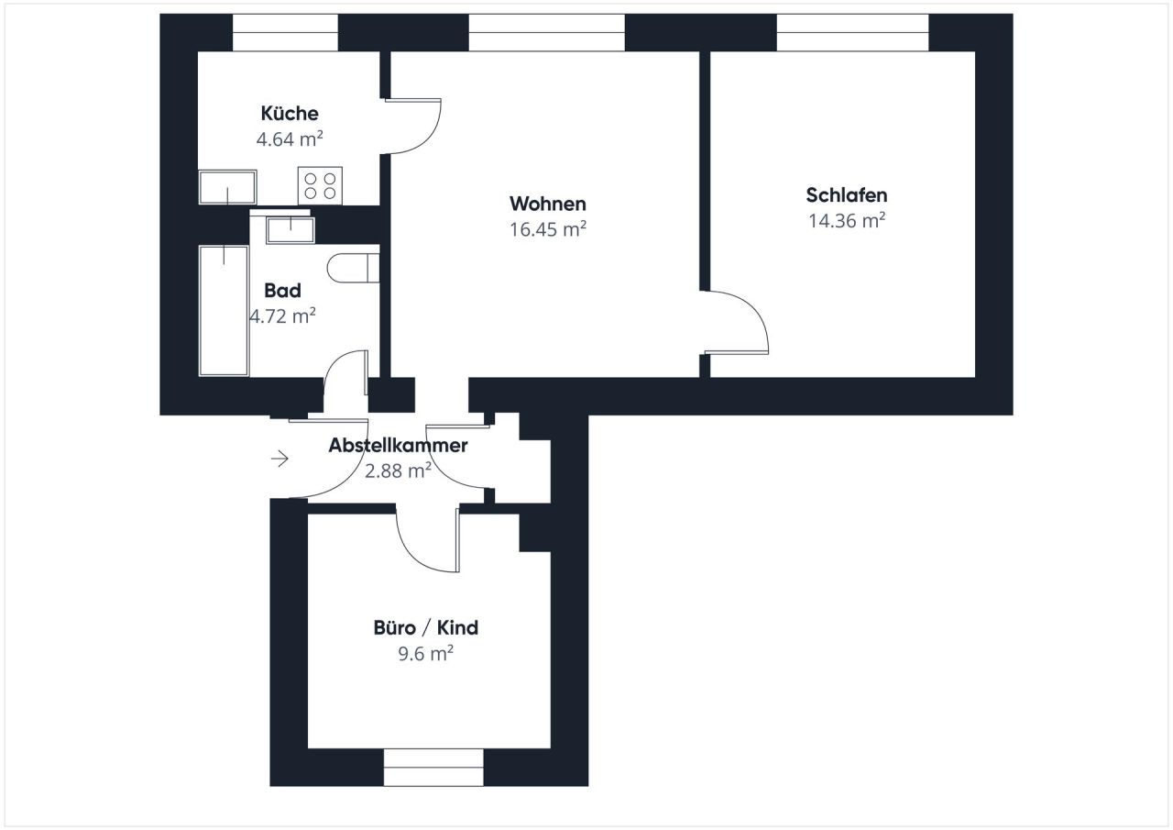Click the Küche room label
click(x=290, y=114)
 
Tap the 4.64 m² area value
click(x=290, y=139)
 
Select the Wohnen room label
click(x=547, y=204)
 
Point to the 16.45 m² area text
click(x=547, y=229)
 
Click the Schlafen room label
click(x=846, y=195)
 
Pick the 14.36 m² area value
click(x=846, y=220)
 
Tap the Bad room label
click(x=282, y=291)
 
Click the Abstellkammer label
click(x=398, y=446)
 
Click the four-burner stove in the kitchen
click(x=320, y=186)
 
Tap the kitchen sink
click(x=227, y=188)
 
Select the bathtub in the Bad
click(x=225, y=310)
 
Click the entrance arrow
click(x=280, y=459)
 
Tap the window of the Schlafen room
click(x=852, y=32)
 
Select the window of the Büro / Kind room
click(x=433, y=768)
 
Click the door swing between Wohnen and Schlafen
click(x=738, y=323)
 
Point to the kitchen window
click(x=285, y=32)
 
